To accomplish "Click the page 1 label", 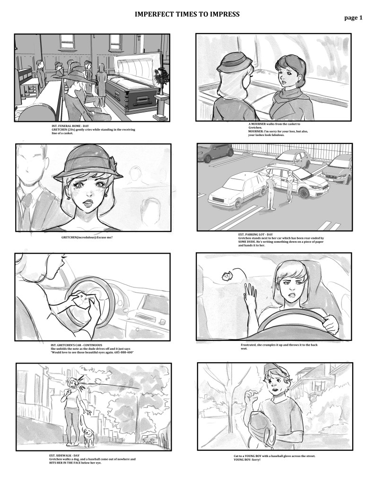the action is (x=353, y=18).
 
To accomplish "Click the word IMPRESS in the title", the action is (x=225, y=14).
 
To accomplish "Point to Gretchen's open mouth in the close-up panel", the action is (x=88, y=203).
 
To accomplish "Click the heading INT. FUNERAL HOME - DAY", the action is (x=70, y=126).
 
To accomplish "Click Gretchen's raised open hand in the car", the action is (x=251, y=294).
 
